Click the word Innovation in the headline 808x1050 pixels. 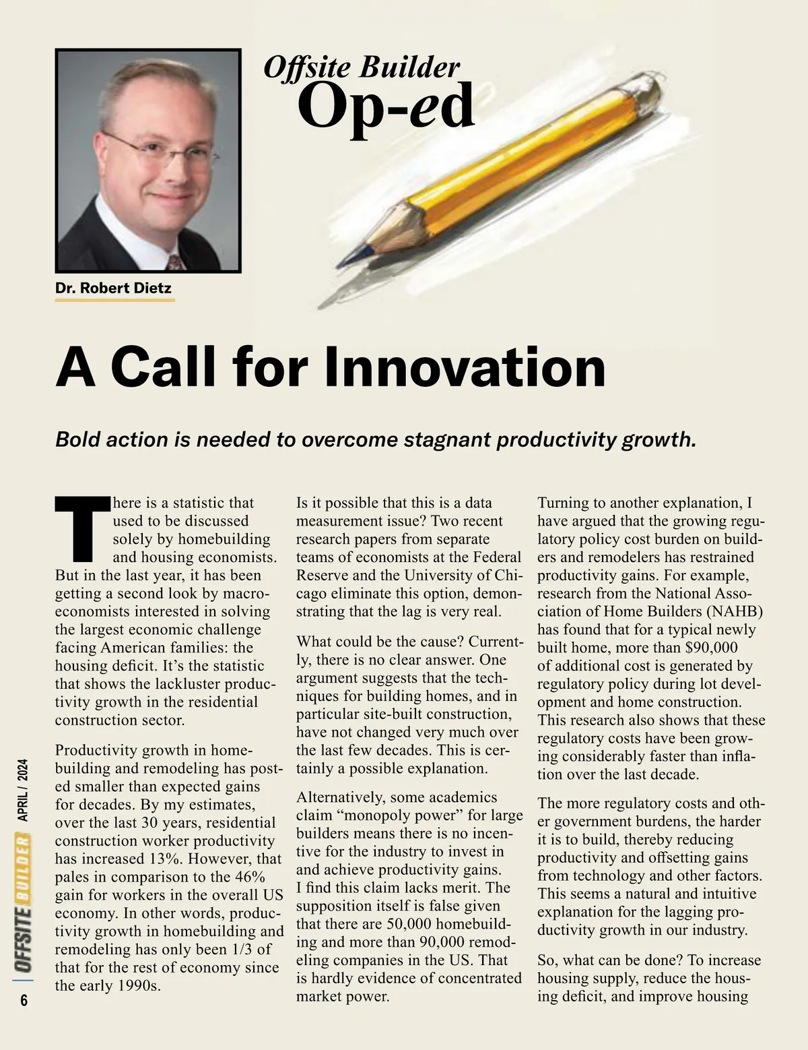[x=465, y=367]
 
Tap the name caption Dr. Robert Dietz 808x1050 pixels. [x=113, y=288]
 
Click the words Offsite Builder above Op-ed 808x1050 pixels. [x=362, y=67]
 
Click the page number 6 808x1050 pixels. [x=24, y=1001]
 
